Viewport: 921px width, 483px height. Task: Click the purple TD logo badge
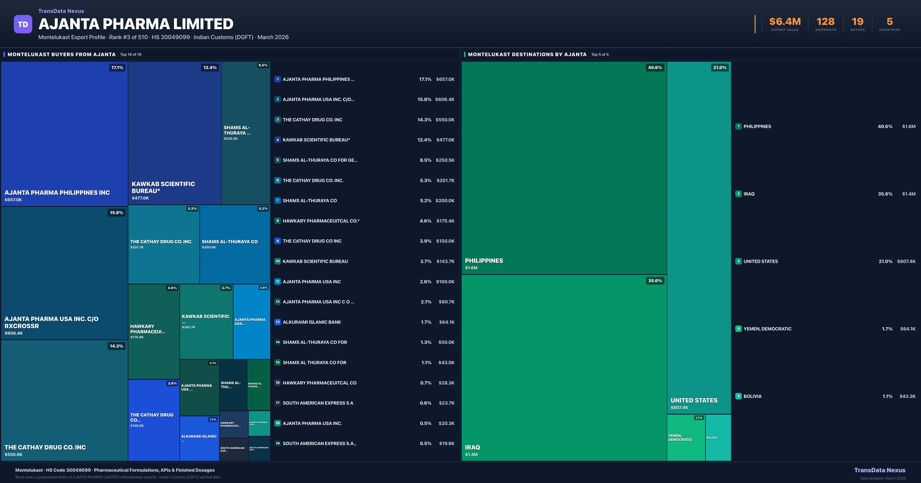tap(23, 24)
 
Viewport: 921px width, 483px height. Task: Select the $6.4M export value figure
tap(785, 22)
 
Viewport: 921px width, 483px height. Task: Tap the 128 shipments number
tap(825, 22)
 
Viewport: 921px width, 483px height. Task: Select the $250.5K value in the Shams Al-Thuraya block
tap(231, 139)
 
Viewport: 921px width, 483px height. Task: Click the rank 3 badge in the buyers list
tap(277, 120)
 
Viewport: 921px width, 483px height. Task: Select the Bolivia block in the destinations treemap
tap(718, 438)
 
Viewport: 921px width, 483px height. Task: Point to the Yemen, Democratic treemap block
tap(685, 438)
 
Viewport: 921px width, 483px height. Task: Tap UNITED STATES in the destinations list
tap(760, 261)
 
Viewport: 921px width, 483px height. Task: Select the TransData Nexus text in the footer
tap(880, 470)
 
